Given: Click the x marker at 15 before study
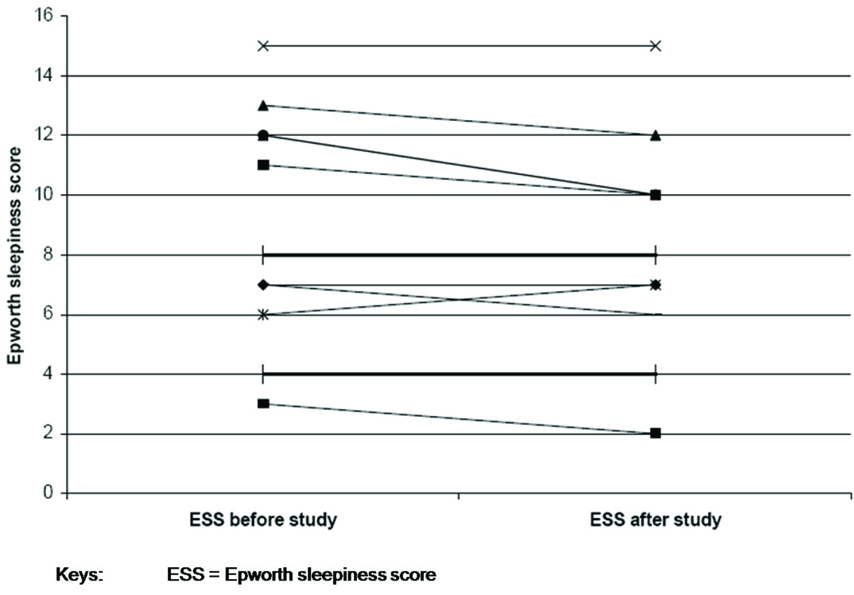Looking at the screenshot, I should [263, 46].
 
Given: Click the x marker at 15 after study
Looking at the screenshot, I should [655, 46].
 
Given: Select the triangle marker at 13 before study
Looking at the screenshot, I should [263, 105].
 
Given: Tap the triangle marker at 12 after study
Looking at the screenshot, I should [655, 135].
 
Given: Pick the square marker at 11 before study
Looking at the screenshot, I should [263, 165].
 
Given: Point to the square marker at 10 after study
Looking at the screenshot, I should [655, 195].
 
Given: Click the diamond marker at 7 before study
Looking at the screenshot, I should [263, 285].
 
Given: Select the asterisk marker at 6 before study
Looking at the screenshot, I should [263, 315].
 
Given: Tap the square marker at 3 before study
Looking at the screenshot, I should [263, 403].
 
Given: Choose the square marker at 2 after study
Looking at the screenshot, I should [655, 434].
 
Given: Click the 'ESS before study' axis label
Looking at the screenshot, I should [263, 521].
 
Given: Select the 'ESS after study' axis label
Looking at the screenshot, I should [655, 521].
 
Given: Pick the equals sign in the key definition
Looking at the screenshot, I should [213, 574].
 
